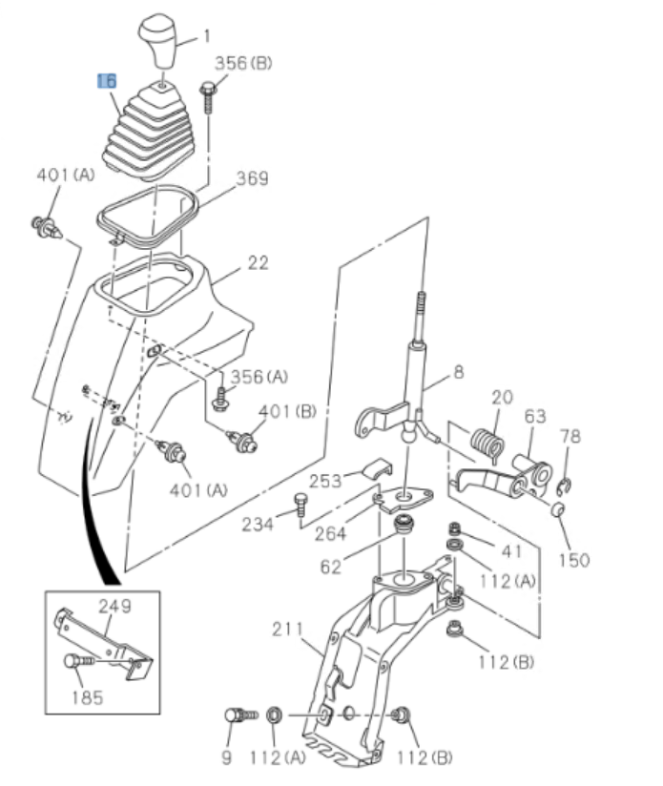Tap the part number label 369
coord(252,178)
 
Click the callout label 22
coord(258,262)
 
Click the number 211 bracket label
coord(287,630)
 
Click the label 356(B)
coord(242,64)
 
